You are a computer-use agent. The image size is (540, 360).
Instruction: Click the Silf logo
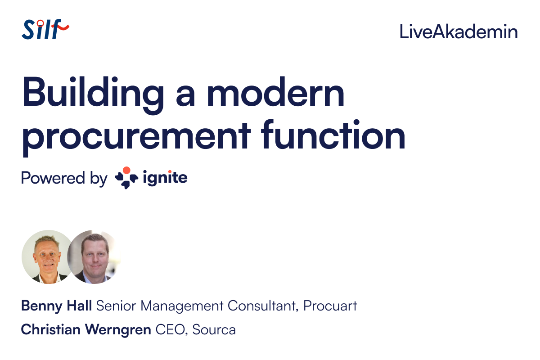click(x=45, y=29)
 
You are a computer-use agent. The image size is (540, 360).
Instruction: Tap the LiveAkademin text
click(x=459, y=31)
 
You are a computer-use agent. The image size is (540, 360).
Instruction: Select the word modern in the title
click(x=275, y=92)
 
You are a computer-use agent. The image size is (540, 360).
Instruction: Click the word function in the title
click(x=333, y=134)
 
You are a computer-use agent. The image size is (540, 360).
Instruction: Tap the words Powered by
click(x=64, y=179)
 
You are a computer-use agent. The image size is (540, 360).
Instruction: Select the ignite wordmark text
click(x=165, y=178)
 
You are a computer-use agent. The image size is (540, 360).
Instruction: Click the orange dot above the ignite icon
click(x=126, y=170)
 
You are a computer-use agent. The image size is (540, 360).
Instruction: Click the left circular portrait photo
click(x=48, y=257)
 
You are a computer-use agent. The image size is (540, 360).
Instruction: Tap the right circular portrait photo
click(x=94, y=257)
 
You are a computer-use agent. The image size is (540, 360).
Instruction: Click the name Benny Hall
click(x=57, y=306)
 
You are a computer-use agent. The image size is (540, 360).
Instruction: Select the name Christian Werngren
click(x=86, y=329)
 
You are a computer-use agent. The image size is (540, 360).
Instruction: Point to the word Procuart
click(x=330, y=306)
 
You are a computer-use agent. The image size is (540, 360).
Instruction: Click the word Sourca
click(x=214, y=329)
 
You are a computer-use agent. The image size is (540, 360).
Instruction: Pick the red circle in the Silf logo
click(x=40, y=23)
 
